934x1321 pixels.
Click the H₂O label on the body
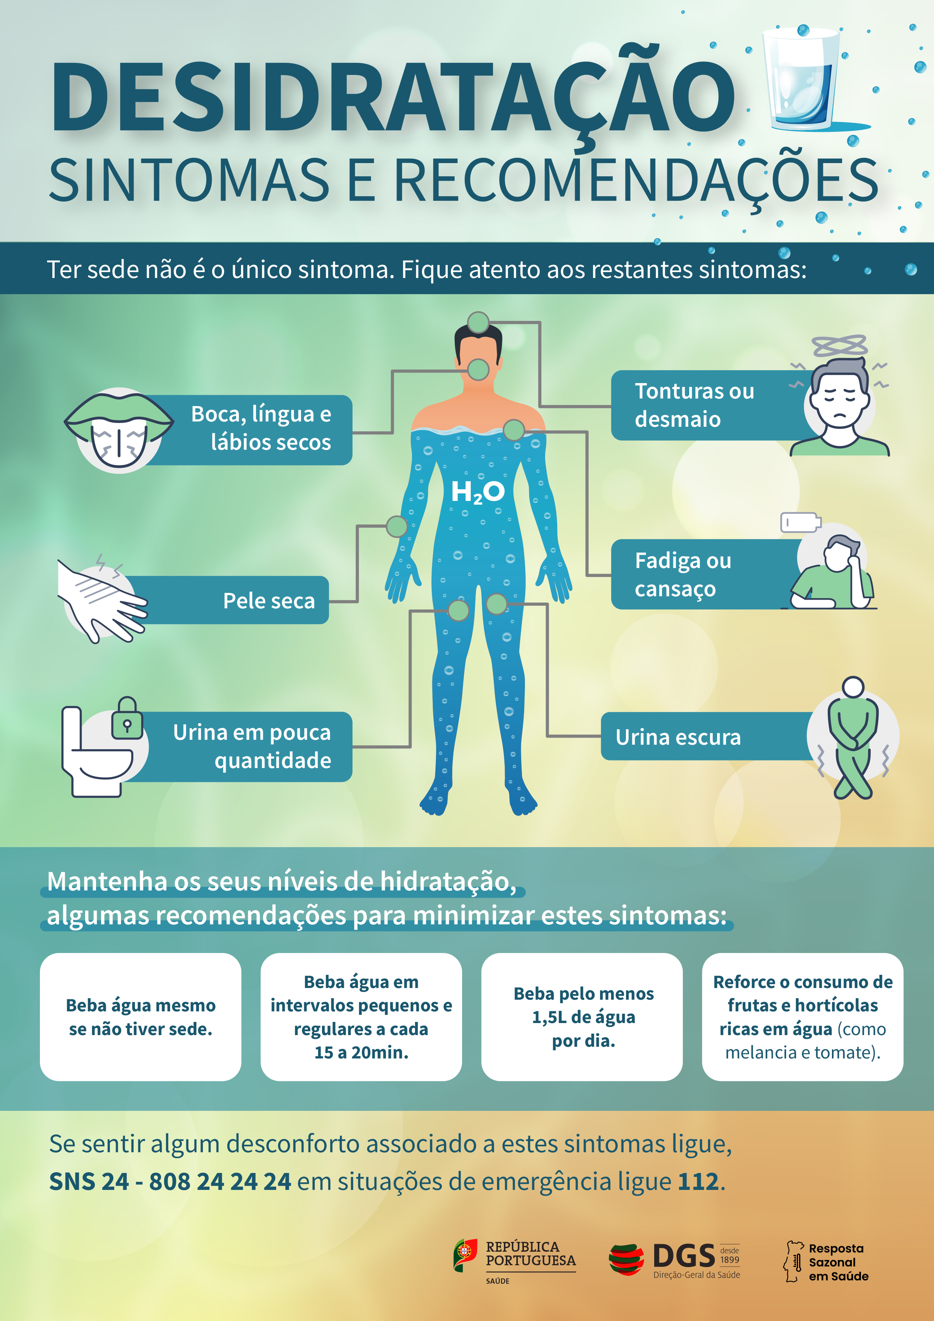pyautogui.click(x=477, y=492)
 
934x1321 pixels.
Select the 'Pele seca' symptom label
pyautogui.click(x=269, y=601)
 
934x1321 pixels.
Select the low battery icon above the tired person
pyautogui.click(x=801, y=522)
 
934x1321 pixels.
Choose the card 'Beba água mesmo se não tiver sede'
pyautogui.click(x=140, y=1017)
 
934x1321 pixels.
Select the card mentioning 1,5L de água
pyautogui.click(x=582, y=1017)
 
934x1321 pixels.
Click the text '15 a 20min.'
pyautogui.click(x=361, y=1052)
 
